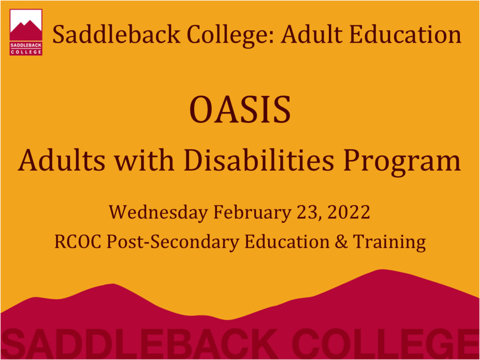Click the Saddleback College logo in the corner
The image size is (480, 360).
(26, 32)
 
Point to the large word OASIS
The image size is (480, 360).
(240, 110)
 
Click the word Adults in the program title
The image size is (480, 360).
(58, 161)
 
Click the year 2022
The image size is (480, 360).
(349, 213)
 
